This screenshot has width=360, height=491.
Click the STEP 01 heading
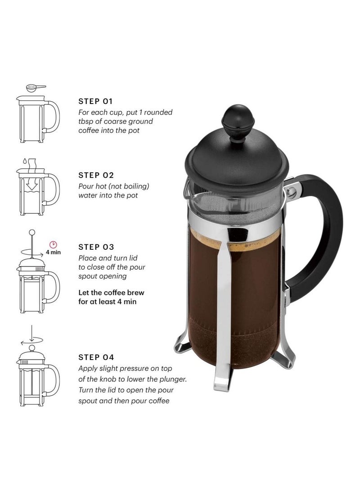(96, 101)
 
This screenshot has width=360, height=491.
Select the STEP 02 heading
(96, 175)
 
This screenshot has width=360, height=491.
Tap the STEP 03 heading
(96, 247)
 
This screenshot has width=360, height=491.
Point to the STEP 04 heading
(96, 357)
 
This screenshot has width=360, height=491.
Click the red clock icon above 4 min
(53, 244)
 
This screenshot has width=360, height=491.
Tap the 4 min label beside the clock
(53, 252)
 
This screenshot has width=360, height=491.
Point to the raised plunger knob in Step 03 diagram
(31, 232)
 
